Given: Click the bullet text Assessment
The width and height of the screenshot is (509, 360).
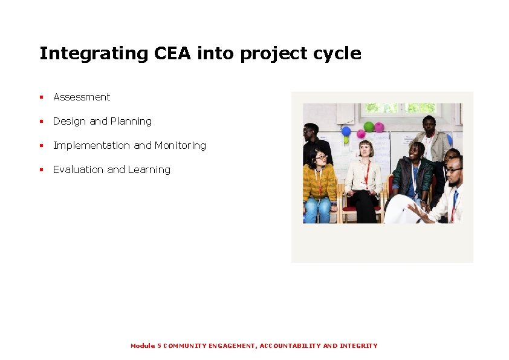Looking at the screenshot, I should pyautogui.click(x=82, y=97).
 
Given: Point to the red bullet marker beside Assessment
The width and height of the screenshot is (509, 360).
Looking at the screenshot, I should pyautogui.click(x=42, y=97).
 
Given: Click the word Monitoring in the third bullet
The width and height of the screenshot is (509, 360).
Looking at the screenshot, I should pyautogui.click(x=180, y=145).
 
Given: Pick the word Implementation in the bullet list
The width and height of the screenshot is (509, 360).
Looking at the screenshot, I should pyautogui.click(x=91, y=145).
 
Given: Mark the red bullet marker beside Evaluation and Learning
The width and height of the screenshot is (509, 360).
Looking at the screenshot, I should pyautogui.click(x=42, y=169).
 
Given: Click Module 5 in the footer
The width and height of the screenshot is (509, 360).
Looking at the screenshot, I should pyautogui.click(x=146, y=345).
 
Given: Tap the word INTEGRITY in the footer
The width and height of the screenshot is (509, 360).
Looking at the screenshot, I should pyautogui.click(x=358, y=345).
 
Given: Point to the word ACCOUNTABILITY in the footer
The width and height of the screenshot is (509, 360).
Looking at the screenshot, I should pyautogui.click(x=290, y=345).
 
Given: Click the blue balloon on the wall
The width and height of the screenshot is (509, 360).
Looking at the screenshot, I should pyautogui.click(x=346, y=131).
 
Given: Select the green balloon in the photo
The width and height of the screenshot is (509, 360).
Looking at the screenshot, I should pyautogui.click(x=368, y=126).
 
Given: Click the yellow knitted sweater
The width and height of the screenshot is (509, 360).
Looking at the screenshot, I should pyautogui.click(x=319, y=182).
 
